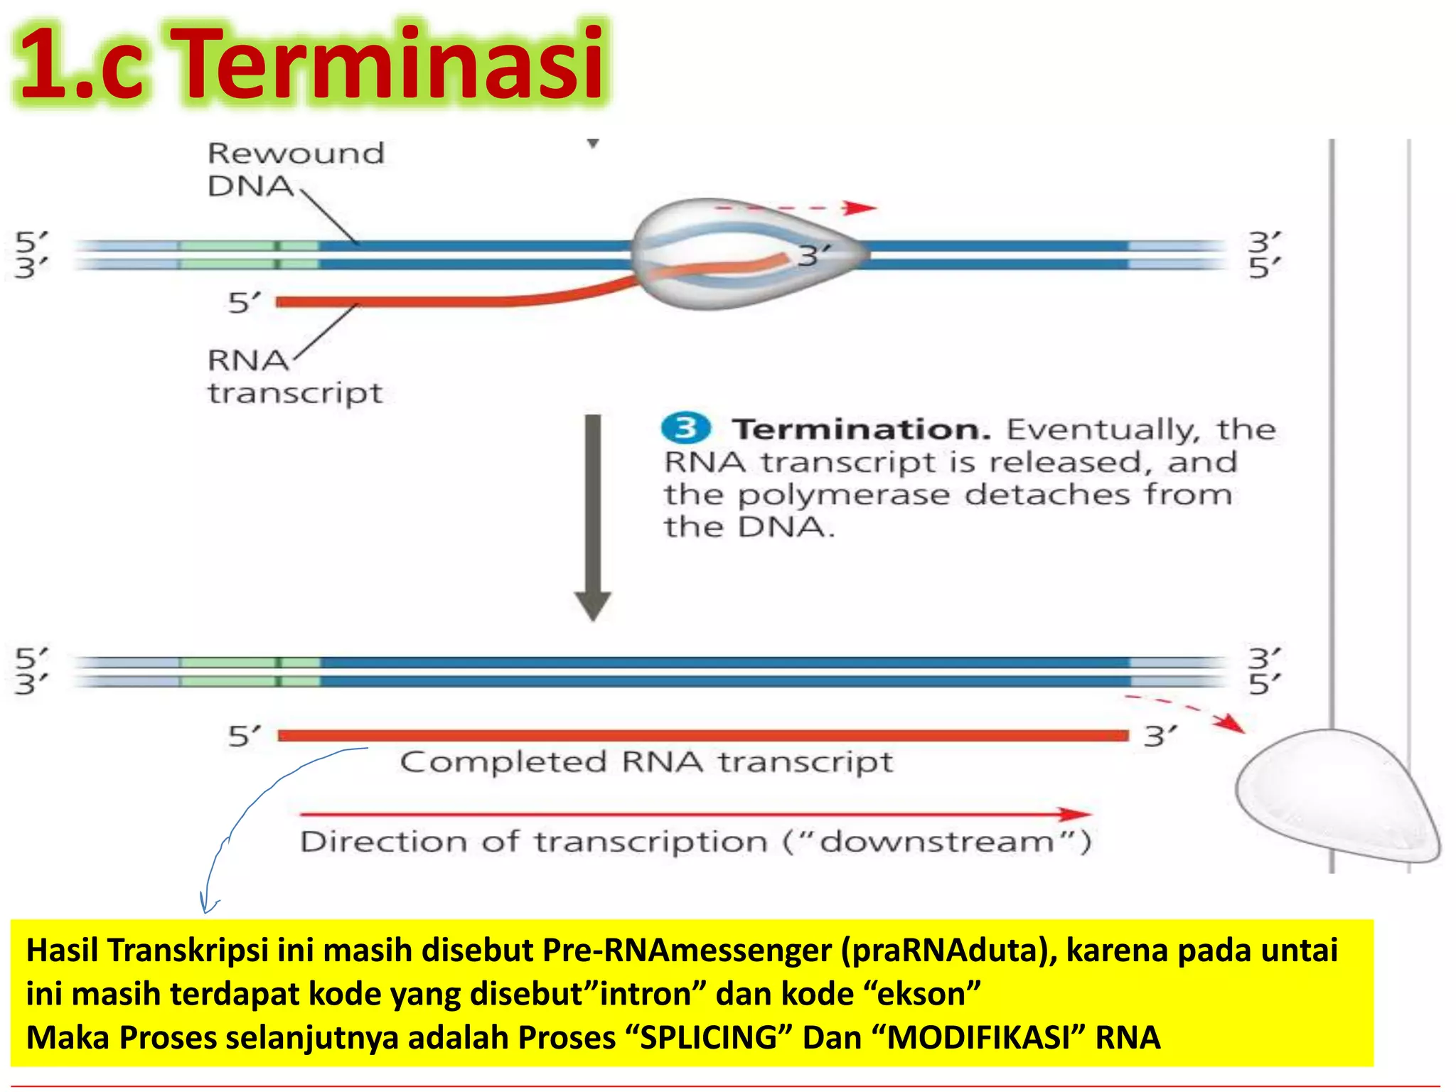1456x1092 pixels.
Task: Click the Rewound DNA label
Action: point(295,169)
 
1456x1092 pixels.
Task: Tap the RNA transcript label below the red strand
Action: point(294,377)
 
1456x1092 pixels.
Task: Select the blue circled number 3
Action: point(685,428)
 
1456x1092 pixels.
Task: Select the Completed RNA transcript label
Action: point(646,762)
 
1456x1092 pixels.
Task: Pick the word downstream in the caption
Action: point(937,842)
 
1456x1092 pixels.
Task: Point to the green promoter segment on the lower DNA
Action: point(249,672)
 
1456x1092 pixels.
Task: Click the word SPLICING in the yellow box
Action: point(709,1037)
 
